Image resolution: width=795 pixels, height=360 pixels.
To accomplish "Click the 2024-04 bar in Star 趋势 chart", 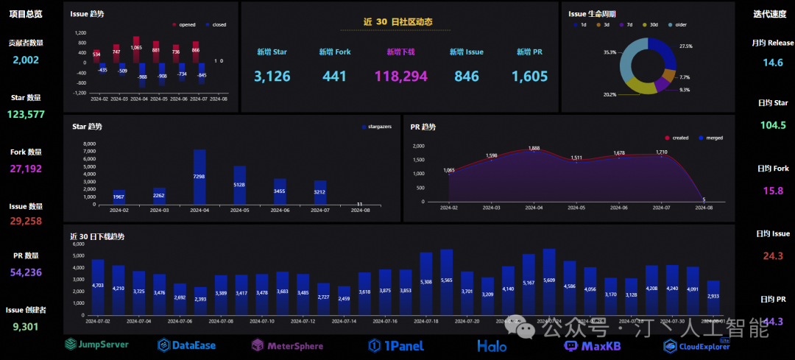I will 199,177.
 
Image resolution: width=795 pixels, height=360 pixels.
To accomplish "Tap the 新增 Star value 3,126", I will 272,76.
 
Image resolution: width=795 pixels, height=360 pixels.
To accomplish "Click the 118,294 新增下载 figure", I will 401,76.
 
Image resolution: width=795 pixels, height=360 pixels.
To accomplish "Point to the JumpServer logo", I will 96,344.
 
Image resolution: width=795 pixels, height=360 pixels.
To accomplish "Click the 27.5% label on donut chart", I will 685,46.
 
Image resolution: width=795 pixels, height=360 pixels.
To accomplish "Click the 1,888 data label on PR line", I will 534,148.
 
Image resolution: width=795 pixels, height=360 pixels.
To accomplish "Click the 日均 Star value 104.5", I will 773,125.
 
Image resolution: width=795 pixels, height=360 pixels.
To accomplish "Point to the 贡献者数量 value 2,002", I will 26,60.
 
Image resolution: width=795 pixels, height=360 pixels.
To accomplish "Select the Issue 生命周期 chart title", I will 592,14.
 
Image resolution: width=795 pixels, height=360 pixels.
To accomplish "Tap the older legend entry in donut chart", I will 676,24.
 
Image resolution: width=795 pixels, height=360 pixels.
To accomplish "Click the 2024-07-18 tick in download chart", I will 425,321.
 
